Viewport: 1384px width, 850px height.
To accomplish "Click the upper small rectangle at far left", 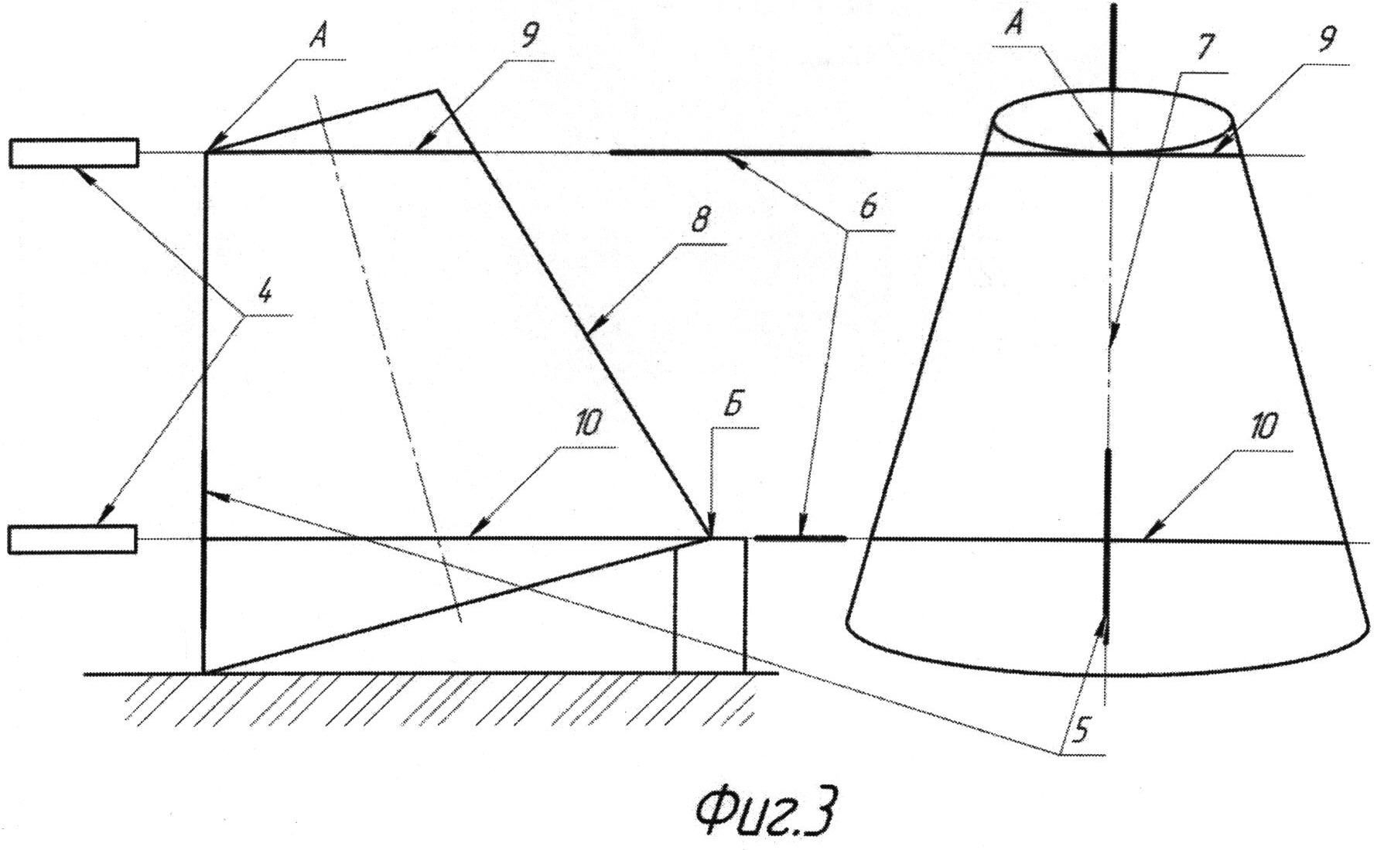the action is (x=74, y=152).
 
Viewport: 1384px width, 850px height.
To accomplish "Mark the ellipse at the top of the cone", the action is (x=1112, y=94).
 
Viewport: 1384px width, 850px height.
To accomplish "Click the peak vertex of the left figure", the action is (x=438, y=90).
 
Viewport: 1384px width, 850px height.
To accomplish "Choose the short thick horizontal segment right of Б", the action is (x=800, y=538).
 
